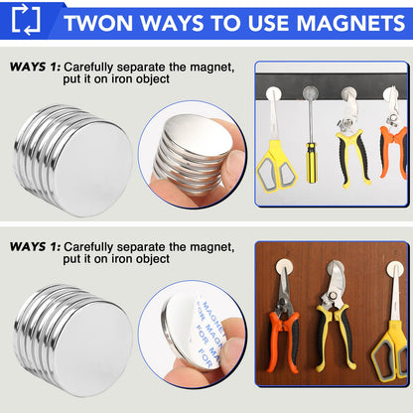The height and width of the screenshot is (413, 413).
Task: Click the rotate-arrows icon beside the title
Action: click(27, 20)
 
